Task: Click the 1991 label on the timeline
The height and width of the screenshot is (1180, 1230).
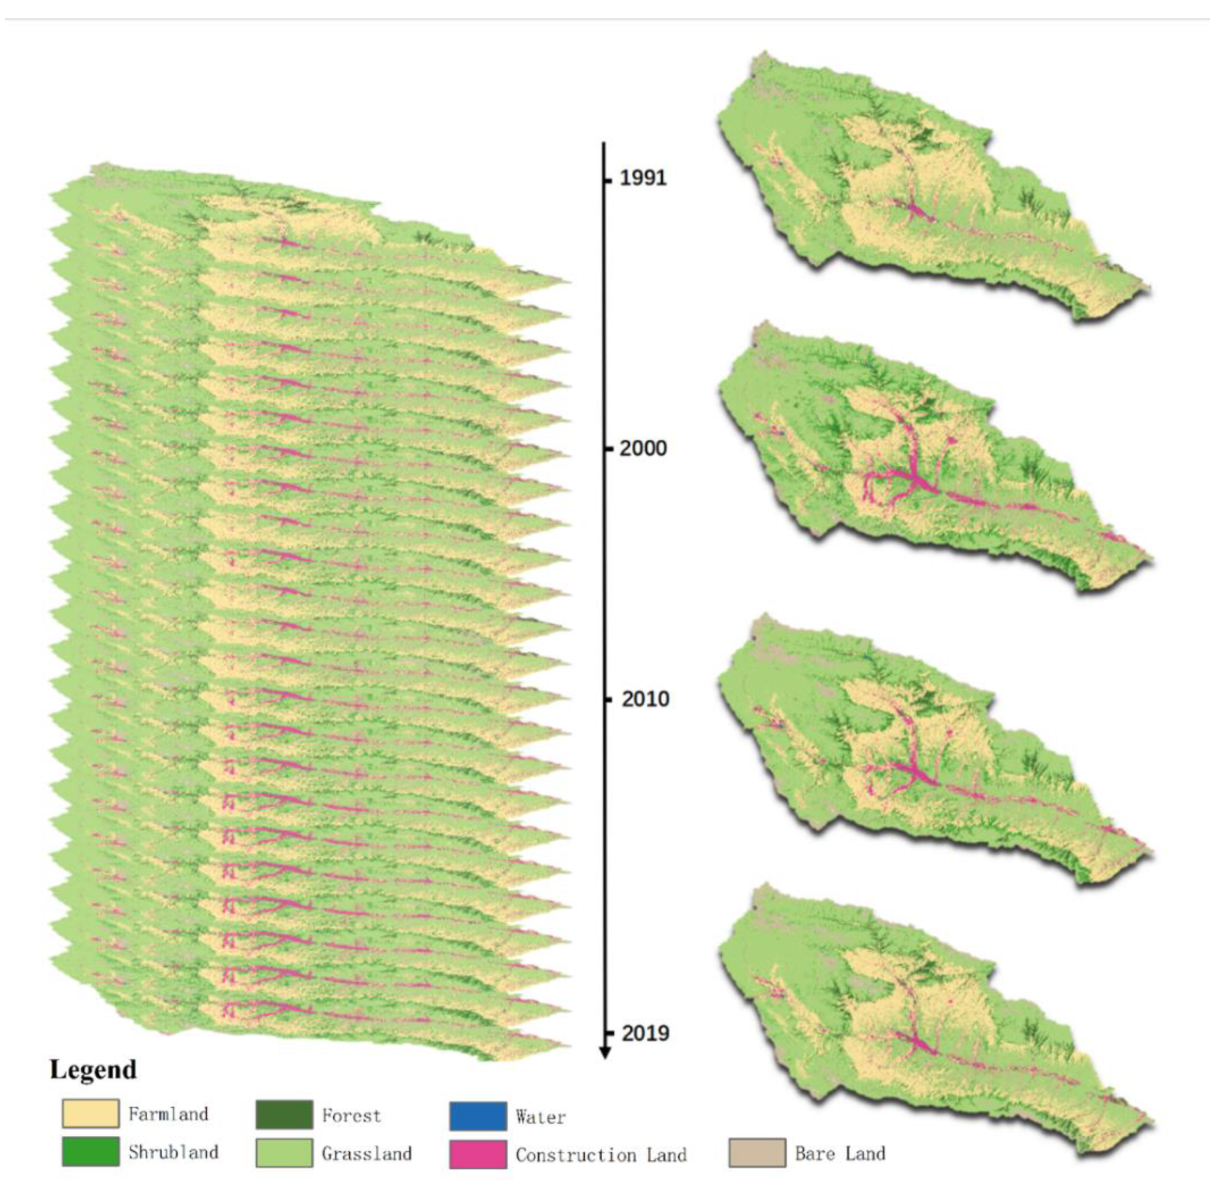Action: (643, 178)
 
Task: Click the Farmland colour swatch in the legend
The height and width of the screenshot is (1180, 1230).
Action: (90, 1113)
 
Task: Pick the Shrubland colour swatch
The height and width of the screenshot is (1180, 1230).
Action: (90, 1152)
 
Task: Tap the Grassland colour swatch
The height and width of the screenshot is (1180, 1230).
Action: (284, 1153)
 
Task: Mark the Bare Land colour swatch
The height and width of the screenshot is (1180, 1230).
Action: (757, 1153)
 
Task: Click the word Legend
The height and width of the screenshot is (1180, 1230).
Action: (93, 1069)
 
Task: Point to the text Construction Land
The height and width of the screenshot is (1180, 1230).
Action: (601, 1155)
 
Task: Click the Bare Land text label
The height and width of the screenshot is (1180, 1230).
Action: (840, 1153)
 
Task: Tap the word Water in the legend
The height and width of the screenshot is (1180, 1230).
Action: (540, 1117)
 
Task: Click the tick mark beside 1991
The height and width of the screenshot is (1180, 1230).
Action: (607, 181)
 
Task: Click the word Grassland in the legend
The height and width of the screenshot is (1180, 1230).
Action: (366, 1153)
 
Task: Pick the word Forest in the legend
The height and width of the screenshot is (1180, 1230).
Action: (351, 1116)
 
